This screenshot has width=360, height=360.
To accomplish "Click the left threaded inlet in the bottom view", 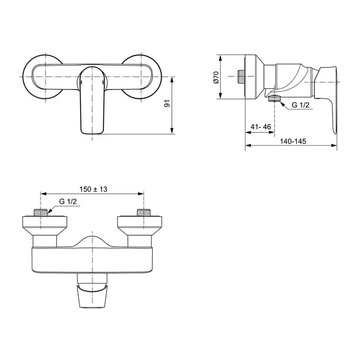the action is [41, 214].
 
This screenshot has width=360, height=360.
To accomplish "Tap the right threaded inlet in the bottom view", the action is [143, 214].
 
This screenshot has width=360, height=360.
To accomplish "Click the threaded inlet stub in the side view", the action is [241, 76].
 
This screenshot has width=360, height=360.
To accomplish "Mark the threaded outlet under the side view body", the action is [273, 99].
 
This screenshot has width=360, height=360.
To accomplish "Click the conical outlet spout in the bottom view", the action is [92, 294].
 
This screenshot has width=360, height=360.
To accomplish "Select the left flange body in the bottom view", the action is [43, 230].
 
